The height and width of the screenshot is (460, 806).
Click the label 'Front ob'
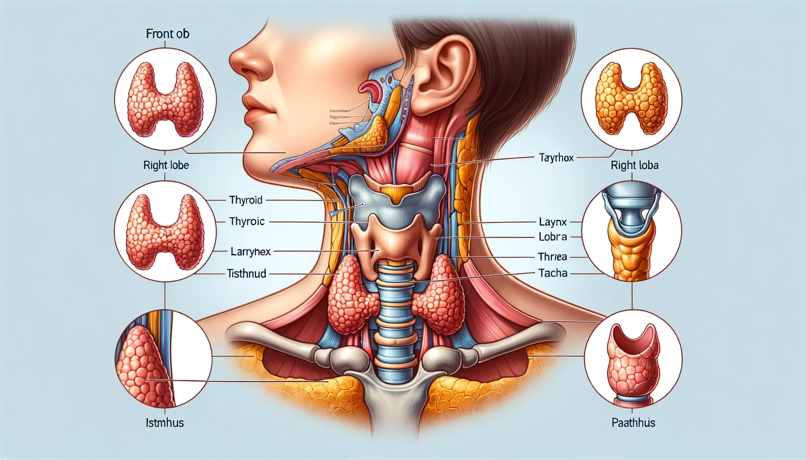point(167,34)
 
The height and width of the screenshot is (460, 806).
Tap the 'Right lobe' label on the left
point(166,165)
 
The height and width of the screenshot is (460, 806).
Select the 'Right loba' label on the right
point(634,165)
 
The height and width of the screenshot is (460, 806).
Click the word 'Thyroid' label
point(246,200)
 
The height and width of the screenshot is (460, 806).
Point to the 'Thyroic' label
point(247,221)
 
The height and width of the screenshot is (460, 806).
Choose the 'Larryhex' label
point(251,252)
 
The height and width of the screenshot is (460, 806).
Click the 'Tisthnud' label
point(246,273)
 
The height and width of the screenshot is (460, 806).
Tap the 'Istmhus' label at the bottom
point(165,423)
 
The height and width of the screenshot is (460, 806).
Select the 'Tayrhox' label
point(556,158)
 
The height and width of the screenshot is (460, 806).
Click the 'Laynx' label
point(553,222)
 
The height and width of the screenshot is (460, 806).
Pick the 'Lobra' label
point(553,237)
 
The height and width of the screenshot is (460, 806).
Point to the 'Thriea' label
point(552,257)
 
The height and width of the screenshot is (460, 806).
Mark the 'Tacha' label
point(553,273)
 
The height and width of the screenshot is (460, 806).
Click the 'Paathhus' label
point(633,423)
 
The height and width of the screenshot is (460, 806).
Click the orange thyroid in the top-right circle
point(631,99)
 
